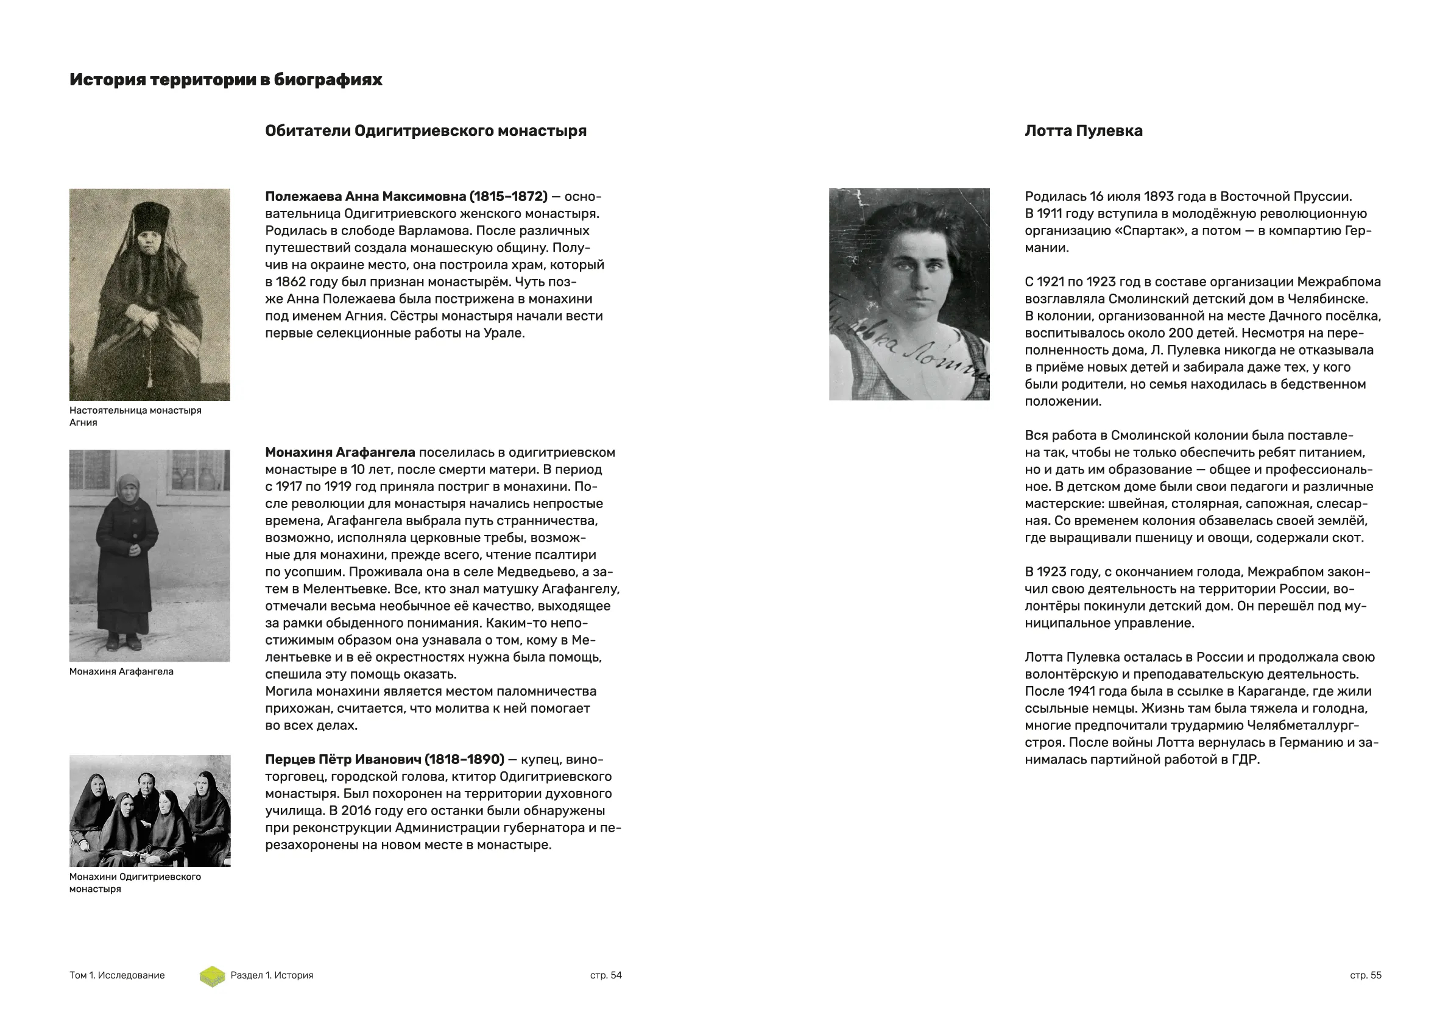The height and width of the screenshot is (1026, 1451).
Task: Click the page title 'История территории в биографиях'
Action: tap(225, 80)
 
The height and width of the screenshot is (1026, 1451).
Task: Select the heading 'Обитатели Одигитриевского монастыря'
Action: tap(425, 131)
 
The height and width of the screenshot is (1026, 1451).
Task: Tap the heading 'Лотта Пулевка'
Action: tap(1083, 131)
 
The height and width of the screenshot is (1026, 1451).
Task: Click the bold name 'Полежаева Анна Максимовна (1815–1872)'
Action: tap(406, 197)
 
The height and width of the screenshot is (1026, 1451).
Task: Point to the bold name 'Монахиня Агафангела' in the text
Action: tap(340, 453)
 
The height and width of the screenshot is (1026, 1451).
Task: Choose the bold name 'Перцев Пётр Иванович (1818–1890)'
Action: tap(384, 759)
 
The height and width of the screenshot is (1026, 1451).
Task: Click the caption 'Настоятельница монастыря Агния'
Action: tap(135, 417)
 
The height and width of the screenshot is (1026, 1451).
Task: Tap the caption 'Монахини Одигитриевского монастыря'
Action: tap(135, 882)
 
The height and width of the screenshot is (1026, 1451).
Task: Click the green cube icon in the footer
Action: tap(213, 976)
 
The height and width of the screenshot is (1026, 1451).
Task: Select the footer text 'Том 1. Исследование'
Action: tap(117, 975)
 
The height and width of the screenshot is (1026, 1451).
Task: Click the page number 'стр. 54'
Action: tap(605, 975)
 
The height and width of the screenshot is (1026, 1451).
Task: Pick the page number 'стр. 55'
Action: tap(1365, 975)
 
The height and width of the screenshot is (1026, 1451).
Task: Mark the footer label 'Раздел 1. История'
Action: tap(272, 975)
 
